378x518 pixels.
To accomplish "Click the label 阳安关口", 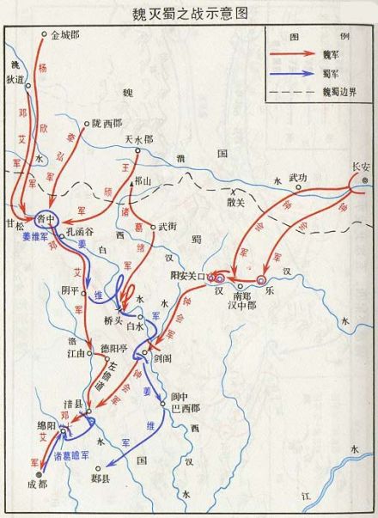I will [x=188, y=276].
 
